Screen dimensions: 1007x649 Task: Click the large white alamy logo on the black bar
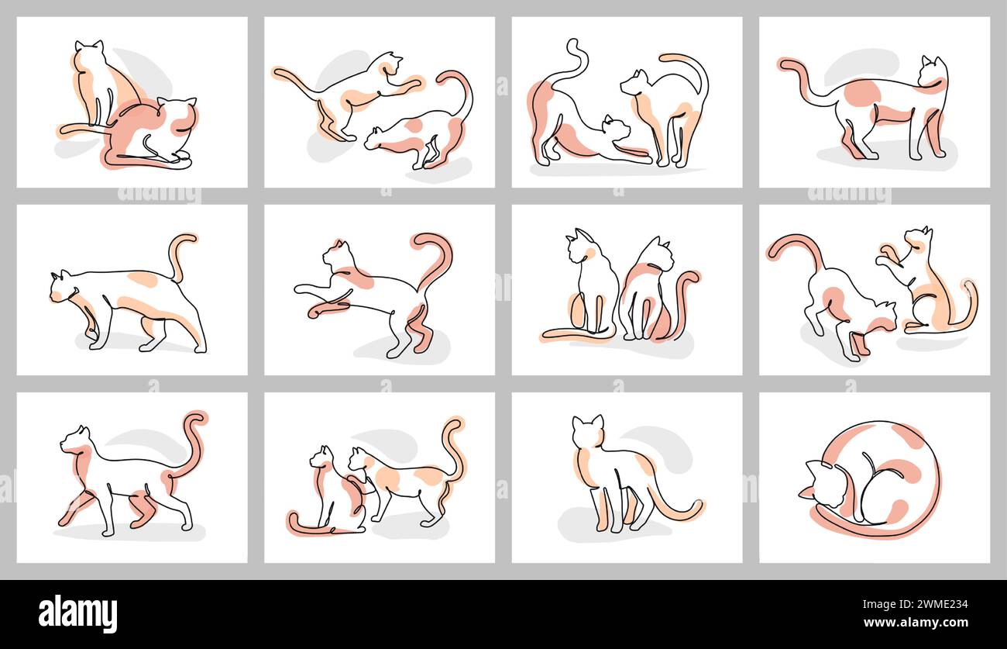click(x=77, y=614)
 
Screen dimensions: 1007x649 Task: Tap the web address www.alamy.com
click(x=916, y=623)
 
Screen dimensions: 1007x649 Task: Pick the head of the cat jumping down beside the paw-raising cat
click(x=882, y=315)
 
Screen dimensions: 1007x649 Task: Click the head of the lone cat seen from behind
click(x=587, y=430)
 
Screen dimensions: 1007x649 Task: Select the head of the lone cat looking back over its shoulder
click(x=933, y=71)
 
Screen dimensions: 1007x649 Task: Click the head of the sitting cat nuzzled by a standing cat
click(x=321, y=458)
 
